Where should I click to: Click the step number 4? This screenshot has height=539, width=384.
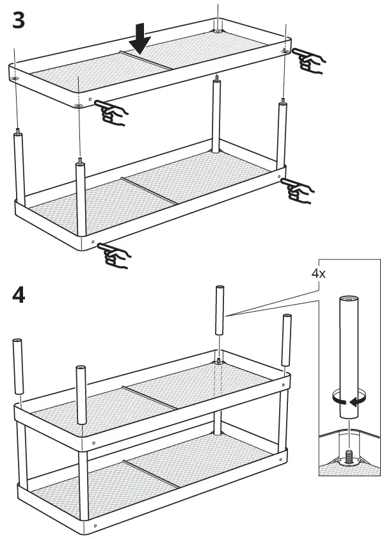(x=19, y=296)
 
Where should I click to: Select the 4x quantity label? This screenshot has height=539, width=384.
(x=318, y=273)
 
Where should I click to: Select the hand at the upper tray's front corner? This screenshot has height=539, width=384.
(x=114, y=114)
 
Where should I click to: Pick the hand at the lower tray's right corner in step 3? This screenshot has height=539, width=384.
(x=298, y=188)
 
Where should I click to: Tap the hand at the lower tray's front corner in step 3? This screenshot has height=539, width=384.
(x=116, y=255)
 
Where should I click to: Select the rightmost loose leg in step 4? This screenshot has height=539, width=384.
(x=286, y=339)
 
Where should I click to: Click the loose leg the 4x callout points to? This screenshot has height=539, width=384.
(x=219, y=310)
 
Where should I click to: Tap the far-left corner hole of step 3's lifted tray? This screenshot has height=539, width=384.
(x=14, y=79)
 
